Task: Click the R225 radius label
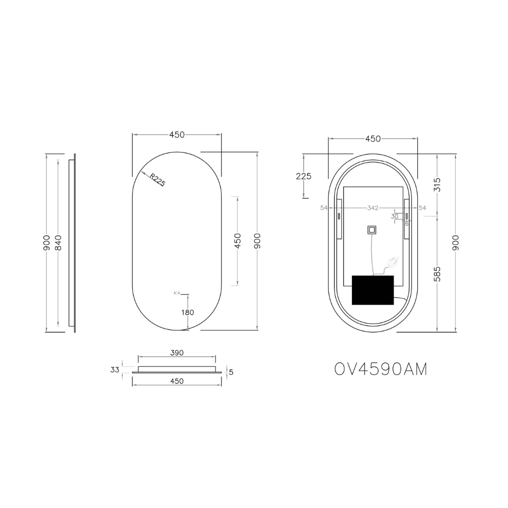click(158, 180)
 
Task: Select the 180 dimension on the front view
click(188, 312)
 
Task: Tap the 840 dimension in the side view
click(58, 243)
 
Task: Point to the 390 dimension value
click(177, 353)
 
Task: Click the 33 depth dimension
click(115, 370)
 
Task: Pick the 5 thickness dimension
click(231, 372)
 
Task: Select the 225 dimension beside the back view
click(303, 176)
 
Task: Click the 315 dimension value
click(437, 184)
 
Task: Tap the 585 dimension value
click(437, 274)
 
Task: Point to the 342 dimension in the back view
click(373, 208)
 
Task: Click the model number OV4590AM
click(381, 370)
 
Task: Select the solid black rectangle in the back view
click(373, 290)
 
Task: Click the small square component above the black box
click(372, 230)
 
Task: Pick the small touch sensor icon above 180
click(177, 293)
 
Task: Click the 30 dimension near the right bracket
click(395, 216)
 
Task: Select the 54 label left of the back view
click(324, 208)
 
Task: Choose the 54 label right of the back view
click(422, 208)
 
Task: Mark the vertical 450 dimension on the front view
click(238, 241)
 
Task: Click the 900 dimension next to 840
click(47, 243)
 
